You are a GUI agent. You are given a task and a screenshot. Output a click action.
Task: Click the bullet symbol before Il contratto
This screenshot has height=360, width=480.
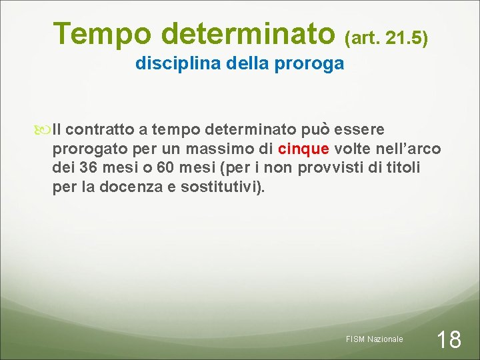45,129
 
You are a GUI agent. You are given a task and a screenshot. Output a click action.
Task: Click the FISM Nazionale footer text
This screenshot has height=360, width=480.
375,339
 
